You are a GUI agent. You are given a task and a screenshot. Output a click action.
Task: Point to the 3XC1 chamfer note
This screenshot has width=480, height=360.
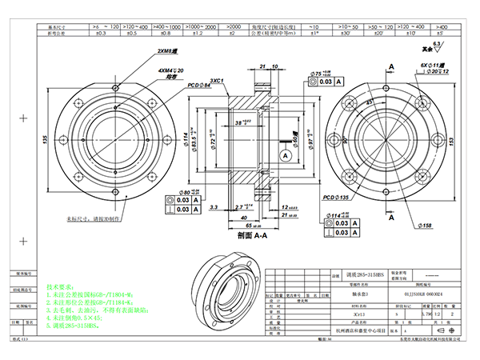click(x=217, y=82)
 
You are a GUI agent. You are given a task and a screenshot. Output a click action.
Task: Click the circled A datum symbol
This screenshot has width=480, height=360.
click(x=285, y=154)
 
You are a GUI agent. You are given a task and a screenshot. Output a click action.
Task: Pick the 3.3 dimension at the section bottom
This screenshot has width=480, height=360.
click(x=212, y=206)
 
